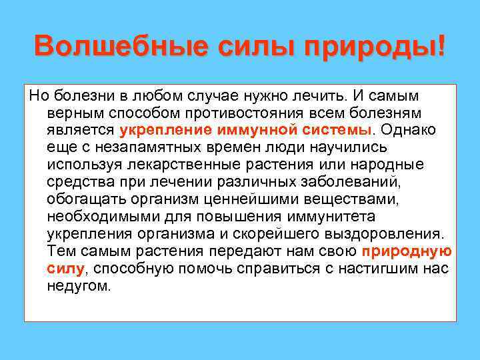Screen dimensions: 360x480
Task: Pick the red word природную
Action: coord(407,251)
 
